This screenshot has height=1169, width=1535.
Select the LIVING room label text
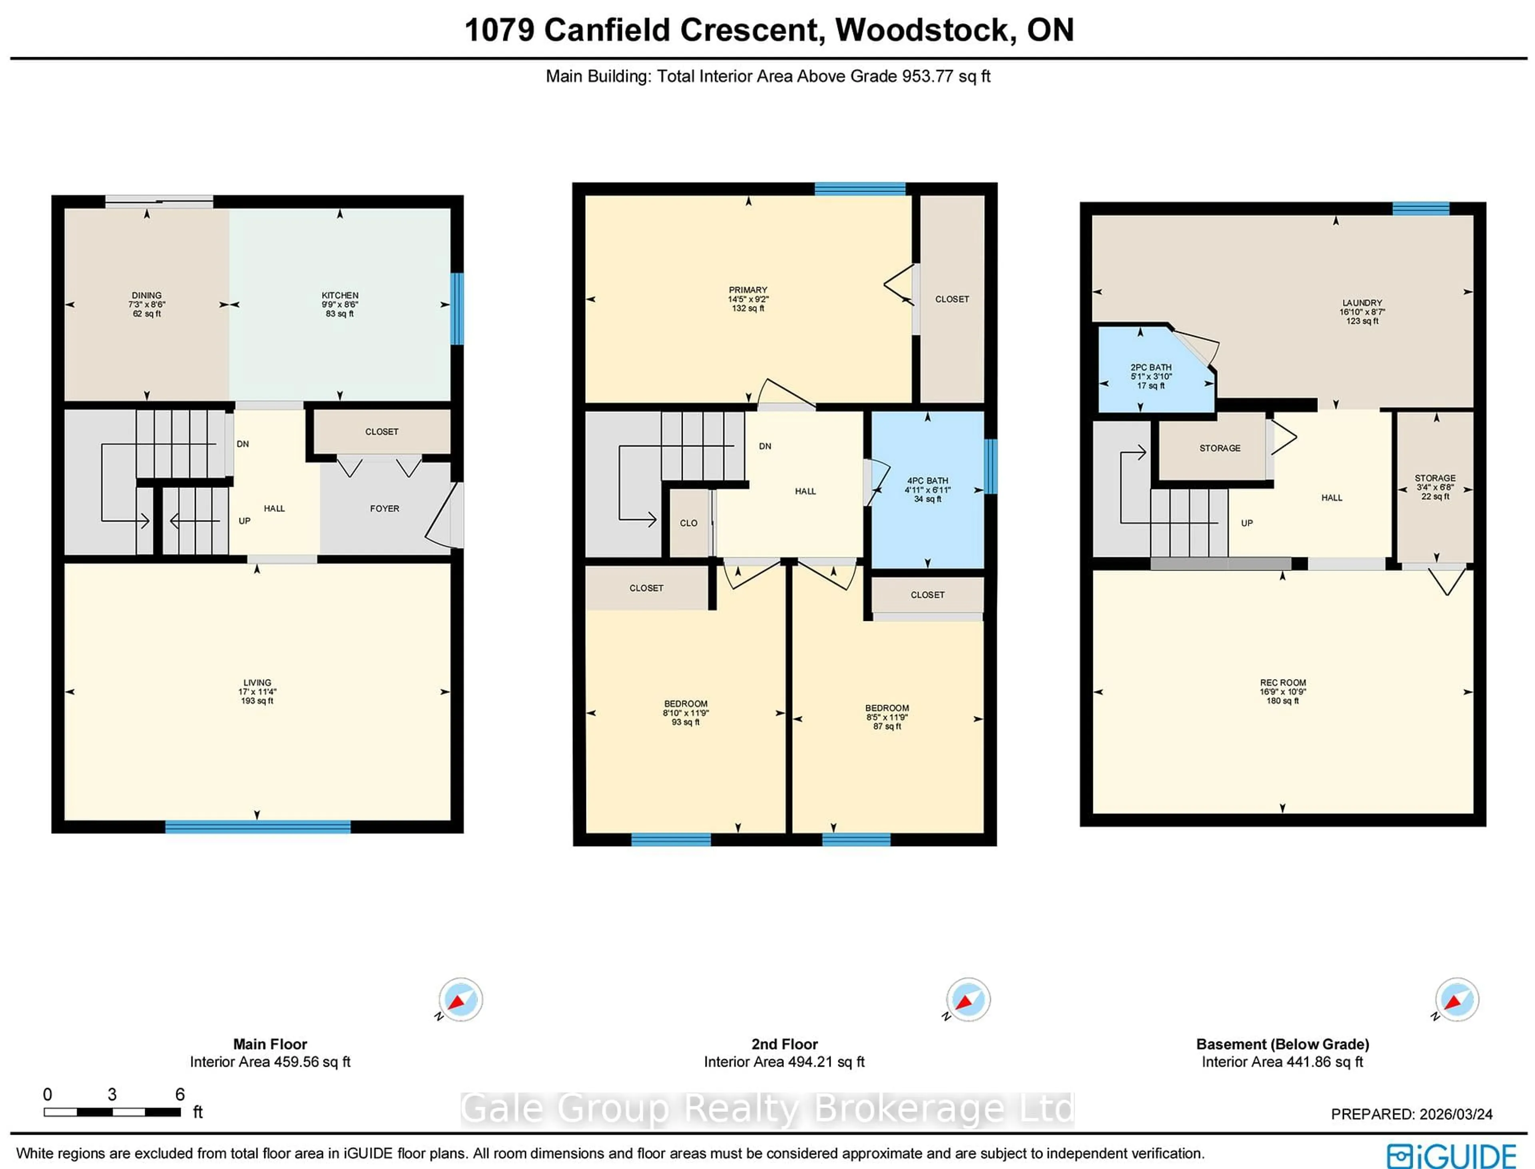click(257, 683)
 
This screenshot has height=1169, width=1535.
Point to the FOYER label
click(384, 509)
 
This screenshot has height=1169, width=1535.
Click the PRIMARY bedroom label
click(748, 290)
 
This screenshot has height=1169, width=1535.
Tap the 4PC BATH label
click(927, 481)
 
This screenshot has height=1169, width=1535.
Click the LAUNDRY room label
click(1362, 303)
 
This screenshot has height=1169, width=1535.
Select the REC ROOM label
click(1282, 683)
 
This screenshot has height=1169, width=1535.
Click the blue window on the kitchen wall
click(457, 308)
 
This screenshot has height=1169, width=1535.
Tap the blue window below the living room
click(257, 827)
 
